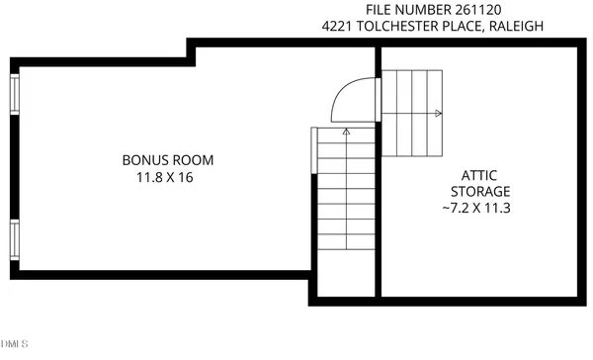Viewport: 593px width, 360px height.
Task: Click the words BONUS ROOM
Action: tap(168, 159)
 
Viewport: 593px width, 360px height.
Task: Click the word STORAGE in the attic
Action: tap(480, 191)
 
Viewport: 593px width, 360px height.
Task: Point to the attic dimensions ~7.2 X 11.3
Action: tap(480, 208)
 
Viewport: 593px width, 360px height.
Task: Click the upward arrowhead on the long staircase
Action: tap(346, 129)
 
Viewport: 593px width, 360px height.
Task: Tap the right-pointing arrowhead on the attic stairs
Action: tap(438, 113)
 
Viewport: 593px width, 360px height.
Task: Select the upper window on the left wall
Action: tap(14, 95)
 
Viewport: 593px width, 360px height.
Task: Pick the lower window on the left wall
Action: tap(14, 237)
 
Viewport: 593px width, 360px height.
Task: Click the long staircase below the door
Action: tap(346, 198)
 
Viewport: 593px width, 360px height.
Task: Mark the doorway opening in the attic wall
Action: tap(378, 99)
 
